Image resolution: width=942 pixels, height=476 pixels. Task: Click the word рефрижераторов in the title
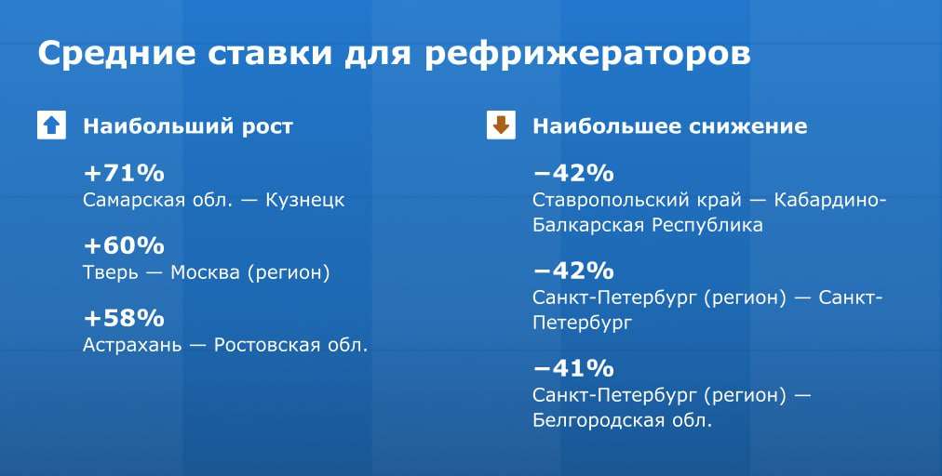coord(588,54)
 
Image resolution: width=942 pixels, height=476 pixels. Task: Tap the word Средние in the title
coord(116,53)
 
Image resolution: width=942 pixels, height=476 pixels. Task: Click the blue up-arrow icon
coord(52,126)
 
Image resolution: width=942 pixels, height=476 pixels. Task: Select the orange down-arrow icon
coord(501,126)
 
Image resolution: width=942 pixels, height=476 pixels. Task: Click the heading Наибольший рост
coord(188,126)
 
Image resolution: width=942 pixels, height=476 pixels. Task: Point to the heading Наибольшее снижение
coord(670,126)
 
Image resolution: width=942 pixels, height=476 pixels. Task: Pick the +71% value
coord(124,174)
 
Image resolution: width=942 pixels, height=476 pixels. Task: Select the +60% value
coord(124,246)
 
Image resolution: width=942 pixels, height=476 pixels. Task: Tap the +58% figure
coord(124,318)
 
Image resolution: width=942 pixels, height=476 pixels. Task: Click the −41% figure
coord(573,368)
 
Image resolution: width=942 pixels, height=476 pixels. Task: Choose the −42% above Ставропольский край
coord(573,174)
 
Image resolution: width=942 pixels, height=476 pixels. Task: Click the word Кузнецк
coord(305,200)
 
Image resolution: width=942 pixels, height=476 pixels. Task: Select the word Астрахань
coord(132,346)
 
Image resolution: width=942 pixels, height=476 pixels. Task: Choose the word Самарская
coord(134,201)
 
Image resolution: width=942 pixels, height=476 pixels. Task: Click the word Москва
coord(206,272)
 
